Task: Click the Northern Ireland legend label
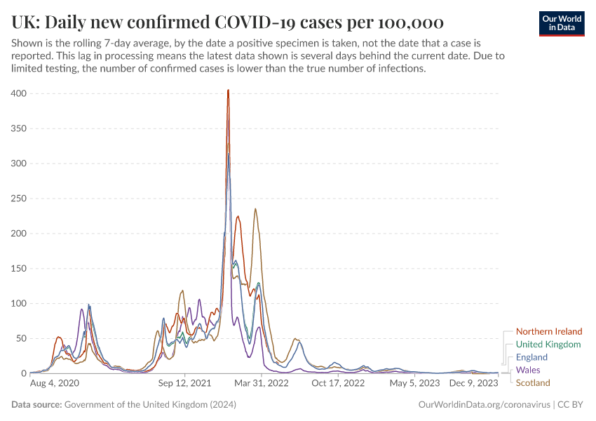548,331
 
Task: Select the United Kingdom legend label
548,345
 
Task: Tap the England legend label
531,357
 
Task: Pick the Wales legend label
528,370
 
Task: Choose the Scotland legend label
533,382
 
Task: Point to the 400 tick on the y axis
18,93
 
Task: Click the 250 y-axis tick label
18,199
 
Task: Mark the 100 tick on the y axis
18,303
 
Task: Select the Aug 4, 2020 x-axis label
55,384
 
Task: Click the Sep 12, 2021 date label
184,384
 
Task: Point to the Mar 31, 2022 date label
260,384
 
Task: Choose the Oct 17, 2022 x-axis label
338,384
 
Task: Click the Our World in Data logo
561,23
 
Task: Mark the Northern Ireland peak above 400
228,91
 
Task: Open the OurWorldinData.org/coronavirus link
484,405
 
